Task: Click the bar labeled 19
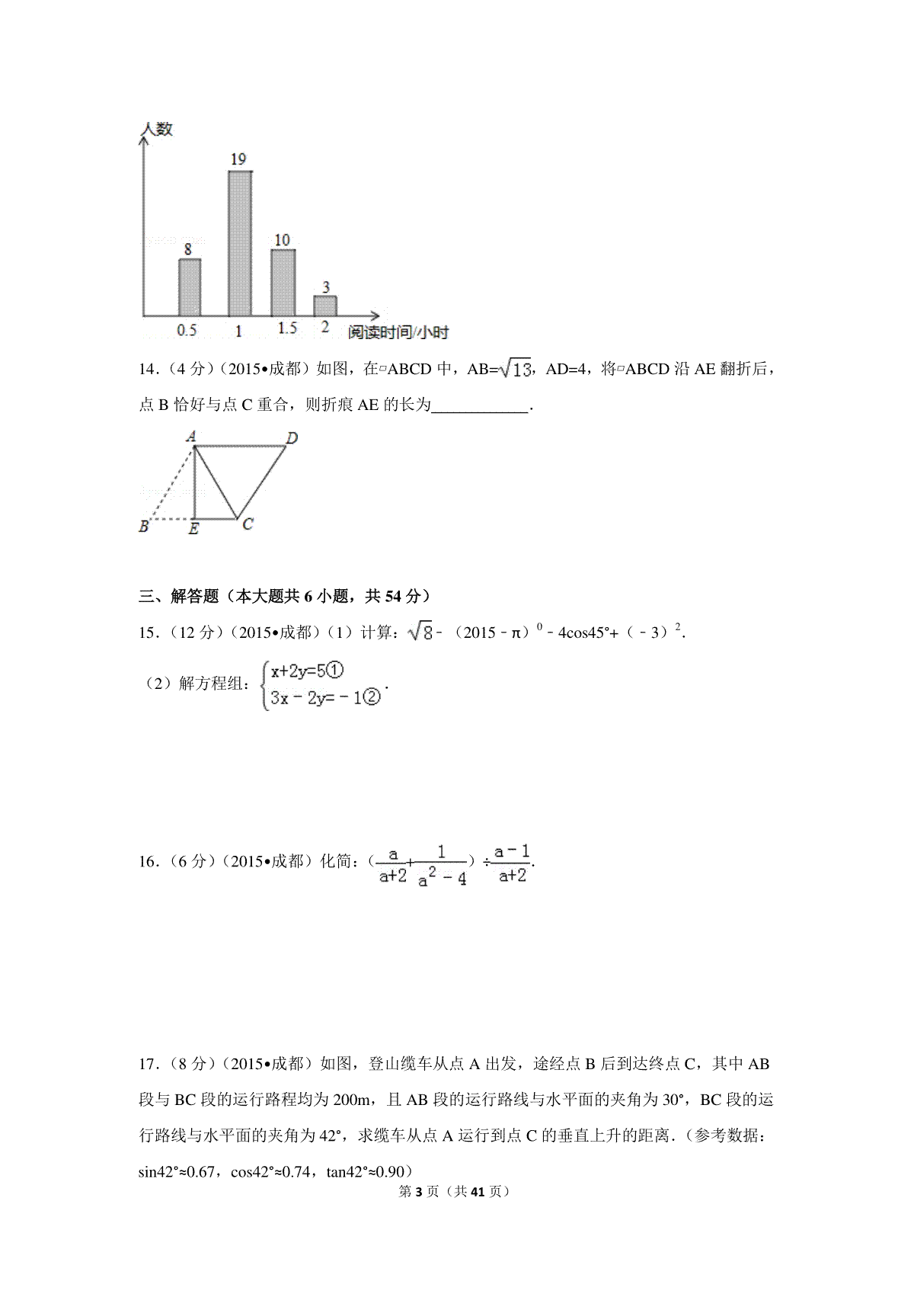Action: tap(240, 242)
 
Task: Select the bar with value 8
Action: tap(190, 287)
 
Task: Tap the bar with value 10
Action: tap(283, 282)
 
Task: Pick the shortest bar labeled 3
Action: tap(325, 305)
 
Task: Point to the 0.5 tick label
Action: tap(187, 330)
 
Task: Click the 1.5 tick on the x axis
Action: tap(287, 328)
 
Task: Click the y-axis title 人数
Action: tap(156, 129)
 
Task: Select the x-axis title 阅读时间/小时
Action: tap(398, 332)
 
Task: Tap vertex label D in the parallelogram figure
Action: tap(292, 437)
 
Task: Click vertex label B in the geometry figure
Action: tap(144, 526)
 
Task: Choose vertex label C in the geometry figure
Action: tap(248, 524)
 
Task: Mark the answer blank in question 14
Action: tap(480, 405)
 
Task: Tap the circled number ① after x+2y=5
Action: tap(337, 671)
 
